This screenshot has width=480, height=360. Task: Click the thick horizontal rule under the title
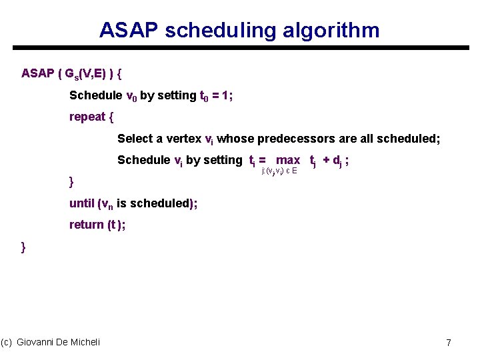(x=240, y=48)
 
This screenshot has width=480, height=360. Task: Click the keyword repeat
(x=87, y=117)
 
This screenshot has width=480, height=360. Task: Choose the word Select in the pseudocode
(x=135, y=139)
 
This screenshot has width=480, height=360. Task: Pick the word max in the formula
(x=288, y=160)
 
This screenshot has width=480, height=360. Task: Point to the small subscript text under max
(x=279, y=171)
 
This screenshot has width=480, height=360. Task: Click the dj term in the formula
(x=338, y=161)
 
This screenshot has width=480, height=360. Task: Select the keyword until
(x=82, y=203)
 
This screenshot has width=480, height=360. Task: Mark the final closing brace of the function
(x=24, y=247)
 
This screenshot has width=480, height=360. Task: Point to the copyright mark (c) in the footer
(x=7, y=342)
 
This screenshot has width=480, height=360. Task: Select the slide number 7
(x=449, y=343)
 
